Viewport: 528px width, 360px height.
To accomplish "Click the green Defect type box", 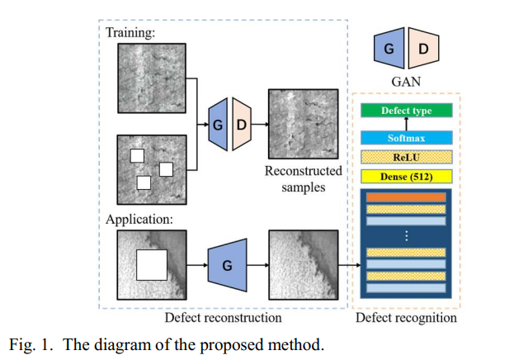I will coord(406,111).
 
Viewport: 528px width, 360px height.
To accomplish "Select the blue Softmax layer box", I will coord(406,138).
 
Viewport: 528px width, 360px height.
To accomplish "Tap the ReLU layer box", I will coord(406,157).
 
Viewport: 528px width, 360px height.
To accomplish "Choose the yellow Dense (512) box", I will coord(406,176).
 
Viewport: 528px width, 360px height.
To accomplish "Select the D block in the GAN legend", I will coord(422,49).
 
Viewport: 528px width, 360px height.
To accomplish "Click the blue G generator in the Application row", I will coord(224,266).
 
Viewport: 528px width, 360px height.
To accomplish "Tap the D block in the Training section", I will coord(241,123).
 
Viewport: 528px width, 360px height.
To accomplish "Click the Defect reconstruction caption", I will coord(223,317).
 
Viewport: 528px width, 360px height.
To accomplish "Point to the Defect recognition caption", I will coord(405,317).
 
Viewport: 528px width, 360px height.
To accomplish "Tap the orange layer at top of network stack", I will coord(406,198).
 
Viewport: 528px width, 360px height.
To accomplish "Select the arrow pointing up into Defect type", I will coord(406,123).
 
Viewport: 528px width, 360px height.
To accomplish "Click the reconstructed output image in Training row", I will coord(302,123).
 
